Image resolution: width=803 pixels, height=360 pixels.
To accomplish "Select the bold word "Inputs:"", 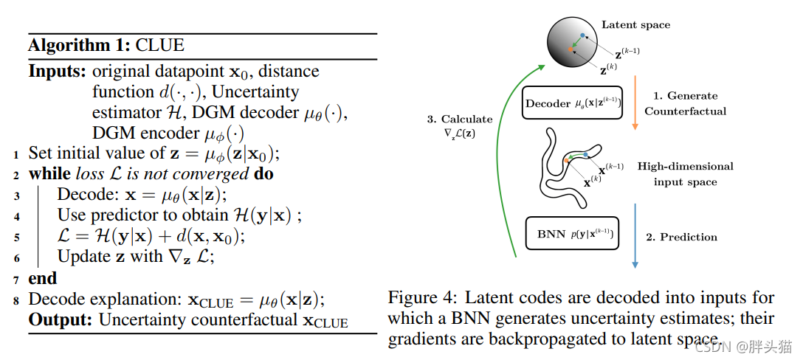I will pos(58,72).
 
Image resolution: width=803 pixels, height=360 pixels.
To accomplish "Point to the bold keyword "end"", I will pos(42,278).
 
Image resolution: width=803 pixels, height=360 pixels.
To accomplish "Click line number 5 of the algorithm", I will pos(17,238).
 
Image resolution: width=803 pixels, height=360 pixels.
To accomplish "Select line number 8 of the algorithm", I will pos(17,300).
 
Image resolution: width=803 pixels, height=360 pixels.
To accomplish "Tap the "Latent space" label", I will pos(635,24).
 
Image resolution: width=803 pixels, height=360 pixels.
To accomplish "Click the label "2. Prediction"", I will pos(681,237).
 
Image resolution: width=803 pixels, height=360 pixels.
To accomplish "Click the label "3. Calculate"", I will pos(460,119).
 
